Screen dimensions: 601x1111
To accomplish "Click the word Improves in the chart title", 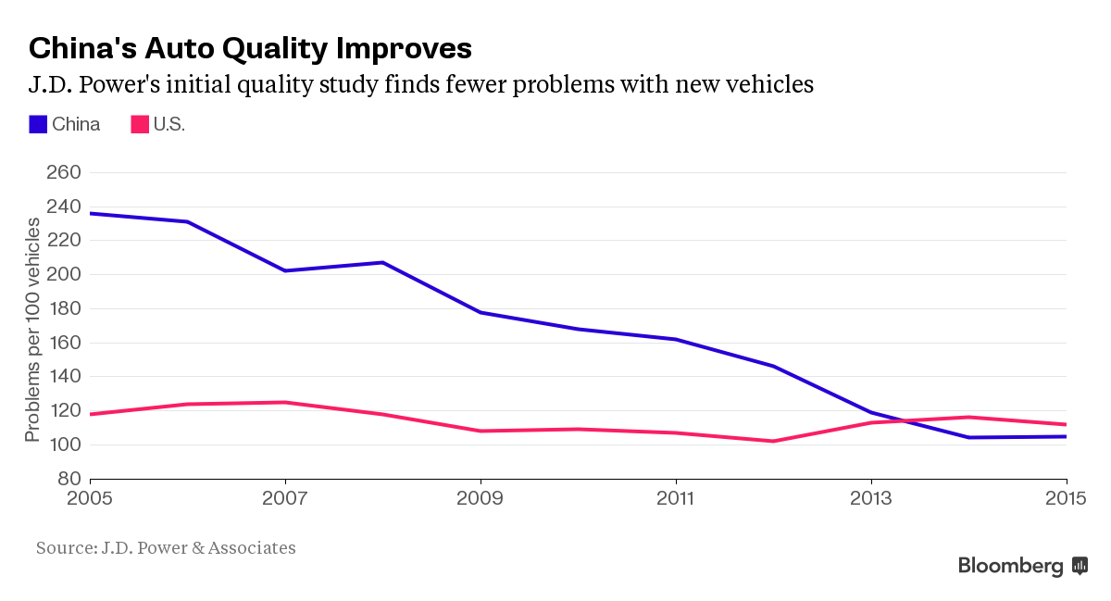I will coord(400,48).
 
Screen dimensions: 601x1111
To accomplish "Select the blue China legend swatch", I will coord(38,124).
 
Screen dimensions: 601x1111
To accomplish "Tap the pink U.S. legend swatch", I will coord(139,124).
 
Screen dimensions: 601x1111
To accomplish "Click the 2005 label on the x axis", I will coord(91,497).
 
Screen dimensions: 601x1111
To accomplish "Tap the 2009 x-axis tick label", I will coord(481,497).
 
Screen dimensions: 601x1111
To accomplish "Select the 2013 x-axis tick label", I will coord(871,497).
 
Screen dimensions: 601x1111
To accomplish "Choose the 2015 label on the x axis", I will coord(1067,497).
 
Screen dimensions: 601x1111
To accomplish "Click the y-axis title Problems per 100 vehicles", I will coord(33,331).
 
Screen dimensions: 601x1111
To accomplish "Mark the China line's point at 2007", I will coord(285,270).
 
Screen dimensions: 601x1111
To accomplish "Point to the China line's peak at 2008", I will coord(382,262).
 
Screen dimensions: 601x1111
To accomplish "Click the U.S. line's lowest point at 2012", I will coord(773,441).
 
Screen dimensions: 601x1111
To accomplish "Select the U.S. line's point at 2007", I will coord(285,402).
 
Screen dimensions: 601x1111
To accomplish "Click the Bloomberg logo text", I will coord(1010,565).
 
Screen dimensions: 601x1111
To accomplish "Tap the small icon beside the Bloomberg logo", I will coord(1080,565).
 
